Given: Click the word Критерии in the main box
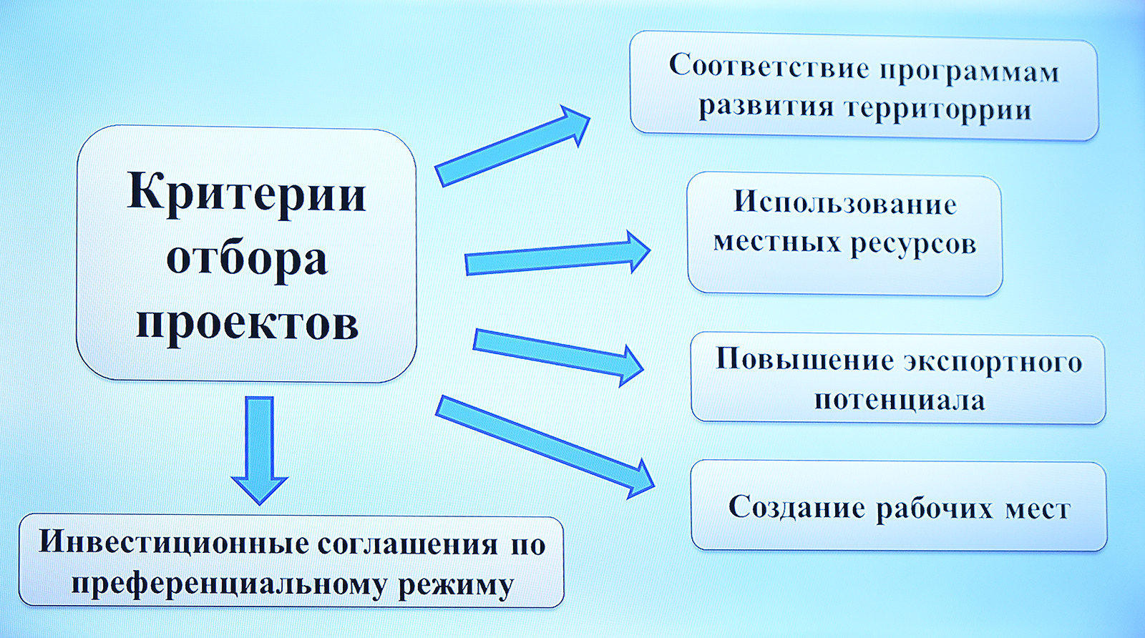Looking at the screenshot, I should pyautogui.click(x=246, y=192).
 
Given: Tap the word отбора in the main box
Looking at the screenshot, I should pyautogui.click(x=246, y=258).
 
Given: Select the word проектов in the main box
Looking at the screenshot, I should pyautogui.click(x=246, y=323).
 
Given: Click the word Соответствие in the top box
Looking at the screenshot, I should pyautogui.click(x=769, y=67).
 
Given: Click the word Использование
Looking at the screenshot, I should pyautogui.click(x=845, y=203).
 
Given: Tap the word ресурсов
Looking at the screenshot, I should pyautogui.click(x=913, y=244).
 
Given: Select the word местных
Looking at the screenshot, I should pyautogui.click(x=777, y=242).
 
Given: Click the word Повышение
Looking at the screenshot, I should pyautogui.click(x=804, y=359).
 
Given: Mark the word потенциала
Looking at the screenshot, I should pyautogui.click(x=900, y=400).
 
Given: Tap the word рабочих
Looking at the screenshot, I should pyautogui.click(x=935, y=509).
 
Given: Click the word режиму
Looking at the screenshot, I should pyautogui.click(x=456, y=586).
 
